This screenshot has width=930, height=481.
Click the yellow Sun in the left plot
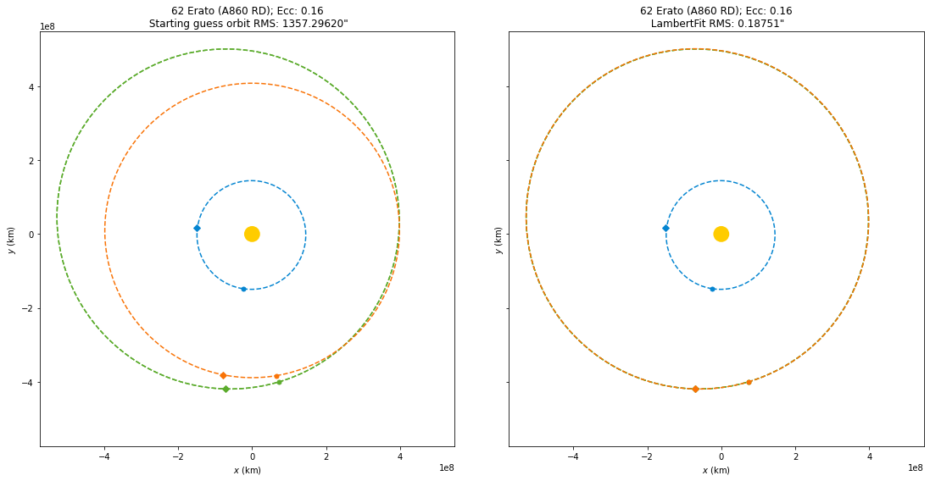pyautogui.click(x=252, y=234)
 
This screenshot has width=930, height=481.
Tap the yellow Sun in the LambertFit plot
pyautogui.click(x=721, y=234)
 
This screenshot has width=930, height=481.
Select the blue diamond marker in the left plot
pyautogui.click(x=197, y=228)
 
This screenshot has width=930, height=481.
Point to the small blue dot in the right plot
pyautogui.click(x=712, y=289)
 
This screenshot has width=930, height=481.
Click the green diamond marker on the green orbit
pyautogui.click(x=226, y=389)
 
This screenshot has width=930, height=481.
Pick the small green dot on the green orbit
pyautogui.click(x=279, y=382)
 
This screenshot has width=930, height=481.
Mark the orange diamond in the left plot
pyautogui.click(x=223, y=375)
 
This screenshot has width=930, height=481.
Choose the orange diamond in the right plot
pyautogui.click(x=695, y=389)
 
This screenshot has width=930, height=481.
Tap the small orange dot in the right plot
pyautogui.click(x=749, y=382)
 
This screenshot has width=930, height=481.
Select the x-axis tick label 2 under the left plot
pyautogui.click(x=326, y=458)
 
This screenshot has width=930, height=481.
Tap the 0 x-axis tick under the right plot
pyautogui.click(x=721, y=458)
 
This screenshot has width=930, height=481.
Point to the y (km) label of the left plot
pyautogui.click(x=10, y=240)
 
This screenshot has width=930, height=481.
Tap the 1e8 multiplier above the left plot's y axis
pyautogui.click(x=48, y=26)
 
